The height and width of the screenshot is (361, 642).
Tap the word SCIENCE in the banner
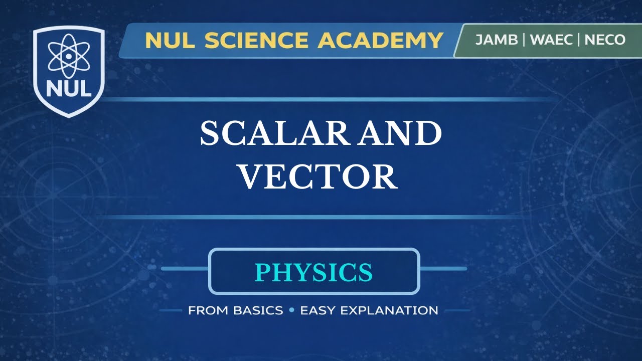[258, 41]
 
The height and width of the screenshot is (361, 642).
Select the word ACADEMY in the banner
[380, 41]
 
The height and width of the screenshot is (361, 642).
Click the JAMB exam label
[497, 40]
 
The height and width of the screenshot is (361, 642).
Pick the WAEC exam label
[551, 40]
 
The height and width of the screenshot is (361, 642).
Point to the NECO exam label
[605, 40]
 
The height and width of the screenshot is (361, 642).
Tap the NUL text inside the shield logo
[68, 89]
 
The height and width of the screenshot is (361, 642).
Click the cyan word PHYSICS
[314, 272]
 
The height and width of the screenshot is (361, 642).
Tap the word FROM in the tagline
[208, 310]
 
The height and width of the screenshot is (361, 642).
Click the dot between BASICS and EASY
[291, 310]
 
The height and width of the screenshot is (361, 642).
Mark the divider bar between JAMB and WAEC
[523, 40]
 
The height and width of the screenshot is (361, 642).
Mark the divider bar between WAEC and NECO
[579, 40]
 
